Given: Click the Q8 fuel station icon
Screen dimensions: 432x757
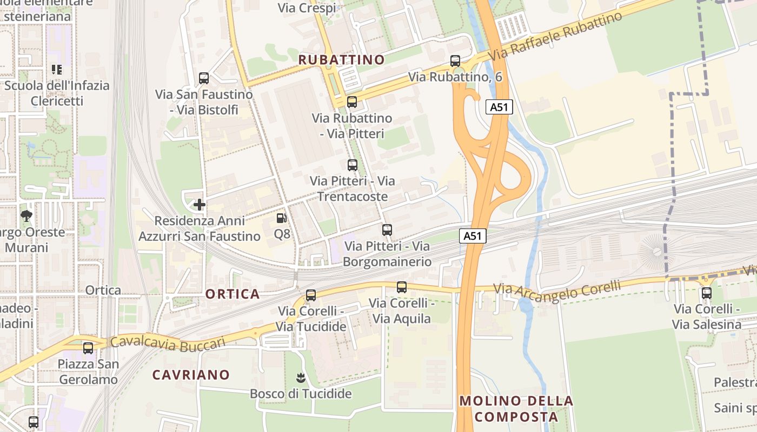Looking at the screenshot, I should pos(281,218).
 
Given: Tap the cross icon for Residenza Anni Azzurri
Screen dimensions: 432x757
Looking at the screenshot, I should pos(200,205).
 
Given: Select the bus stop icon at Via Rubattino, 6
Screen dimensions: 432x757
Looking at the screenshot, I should pos(455,61).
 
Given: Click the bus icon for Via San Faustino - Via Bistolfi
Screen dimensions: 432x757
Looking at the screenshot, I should pos(204,78).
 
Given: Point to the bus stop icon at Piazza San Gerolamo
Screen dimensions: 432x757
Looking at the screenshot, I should pos(88,348).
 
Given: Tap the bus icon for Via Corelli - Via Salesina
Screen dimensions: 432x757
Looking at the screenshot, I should pos(707,293).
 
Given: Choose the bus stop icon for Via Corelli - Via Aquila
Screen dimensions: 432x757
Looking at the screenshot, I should pos(401,287).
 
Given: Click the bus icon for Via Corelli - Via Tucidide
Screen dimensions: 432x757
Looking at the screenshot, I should pos(310,295).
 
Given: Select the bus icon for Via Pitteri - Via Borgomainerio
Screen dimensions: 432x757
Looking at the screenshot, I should pos(387,230).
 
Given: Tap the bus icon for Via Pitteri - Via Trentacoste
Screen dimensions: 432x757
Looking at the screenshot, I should pos(353,165).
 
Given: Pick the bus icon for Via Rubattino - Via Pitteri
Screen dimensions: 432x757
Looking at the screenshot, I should pos(352,102).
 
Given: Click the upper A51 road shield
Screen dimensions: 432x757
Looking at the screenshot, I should pos(499,107).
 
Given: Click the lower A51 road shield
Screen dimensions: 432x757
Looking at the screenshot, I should pos(473,236).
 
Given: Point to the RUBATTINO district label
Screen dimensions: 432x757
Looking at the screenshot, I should pos(342,59).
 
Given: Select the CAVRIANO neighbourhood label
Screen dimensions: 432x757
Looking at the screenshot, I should pos(191,375).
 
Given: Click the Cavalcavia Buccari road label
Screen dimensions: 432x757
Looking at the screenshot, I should pos(168,343).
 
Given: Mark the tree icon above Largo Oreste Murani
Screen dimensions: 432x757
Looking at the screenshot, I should pos(26,217).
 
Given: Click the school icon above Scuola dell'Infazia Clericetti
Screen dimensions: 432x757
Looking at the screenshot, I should pos(56,70).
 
